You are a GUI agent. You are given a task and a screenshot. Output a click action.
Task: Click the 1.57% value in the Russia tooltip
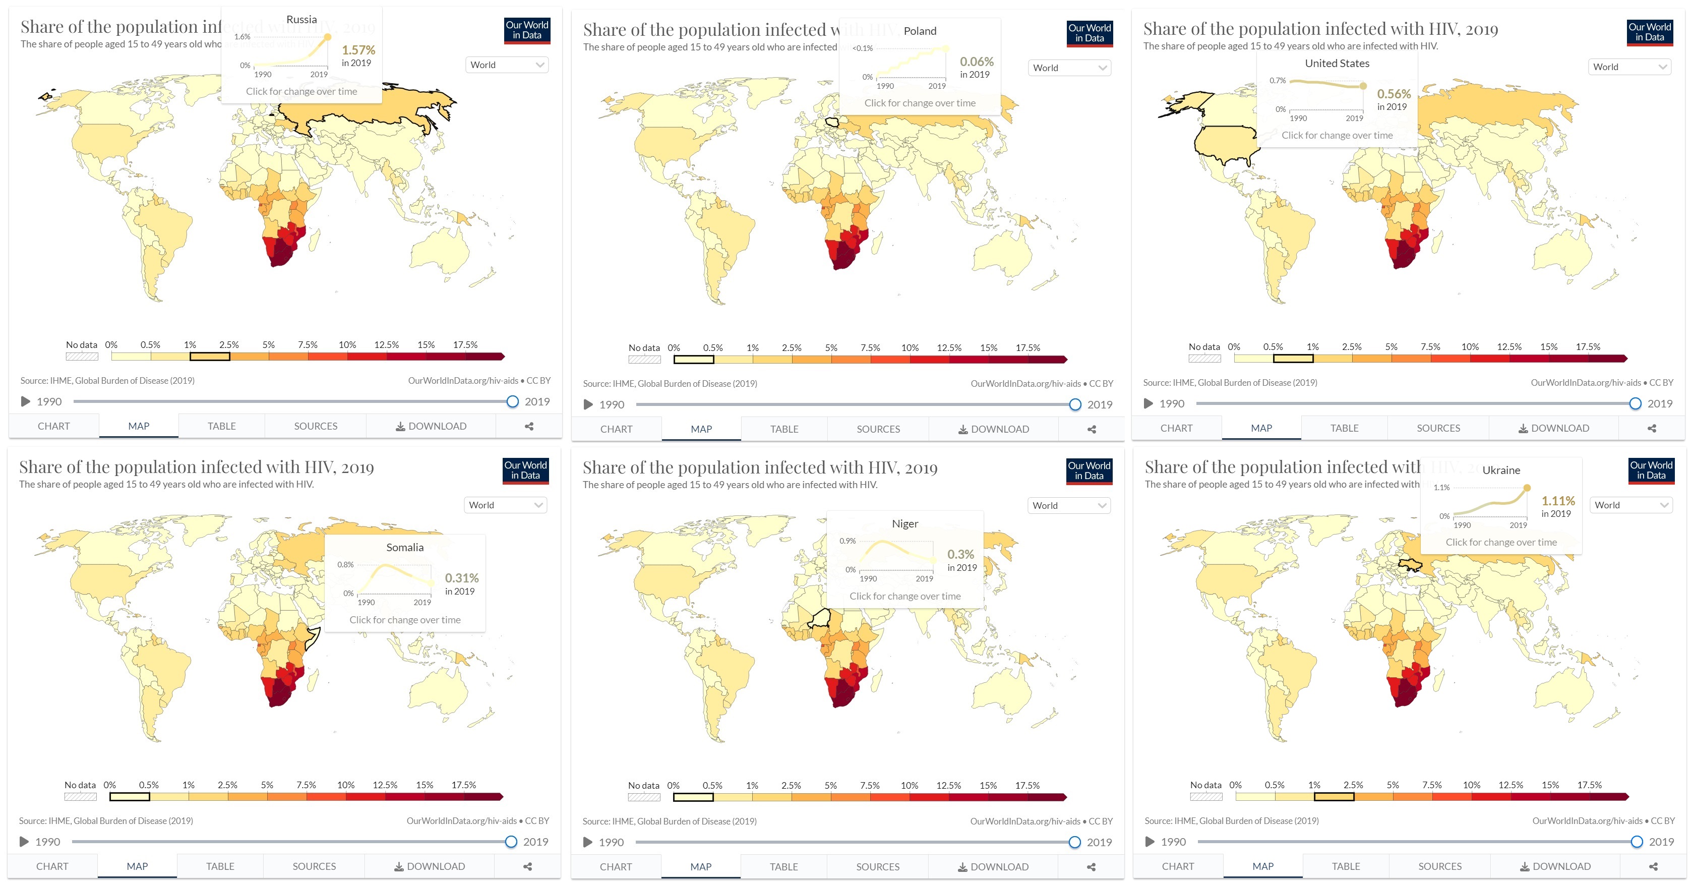[358, 50]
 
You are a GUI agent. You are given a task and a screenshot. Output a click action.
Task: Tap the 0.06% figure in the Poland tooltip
[976, 62]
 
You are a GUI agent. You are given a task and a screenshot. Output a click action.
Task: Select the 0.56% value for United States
[1393, 94]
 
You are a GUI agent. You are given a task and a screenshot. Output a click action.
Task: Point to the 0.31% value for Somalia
[461, 578]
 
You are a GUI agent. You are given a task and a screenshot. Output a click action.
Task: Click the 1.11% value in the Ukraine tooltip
[1557, 501]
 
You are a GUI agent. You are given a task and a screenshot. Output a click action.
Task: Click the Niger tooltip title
[904, 523]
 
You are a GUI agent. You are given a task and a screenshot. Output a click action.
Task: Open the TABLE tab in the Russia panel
[221, 426]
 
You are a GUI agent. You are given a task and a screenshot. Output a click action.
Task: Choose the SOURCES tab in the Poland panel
[878, 429]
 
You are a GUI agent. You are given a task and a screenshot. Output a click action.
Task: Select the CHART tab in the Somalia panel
[52, 866]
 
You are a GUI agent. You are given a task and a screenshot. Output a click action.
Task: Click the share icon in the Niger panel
[1091, 867]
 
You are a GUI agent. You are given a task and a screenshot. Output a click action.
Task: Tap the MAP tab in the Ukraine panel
[1262, 866]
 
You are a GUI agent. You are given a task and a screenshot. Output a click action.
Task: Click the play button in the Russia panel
[26, 401]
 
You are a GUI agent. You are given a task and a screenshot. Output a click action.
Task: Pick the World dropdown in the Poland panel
[1069, 68]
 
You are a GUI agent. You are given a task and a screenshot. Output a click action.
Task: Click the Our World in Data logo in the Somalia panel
[525, 471]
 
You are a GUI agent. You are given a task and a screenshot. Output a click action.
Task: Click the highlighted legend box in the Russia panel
[210, 357]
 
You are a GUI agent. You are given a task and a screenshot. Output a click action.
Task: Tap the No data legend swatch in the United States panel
[1204, 359]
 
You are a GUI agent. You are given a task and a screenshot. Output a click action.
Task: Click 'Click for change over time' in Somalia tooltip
[405, 619]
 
